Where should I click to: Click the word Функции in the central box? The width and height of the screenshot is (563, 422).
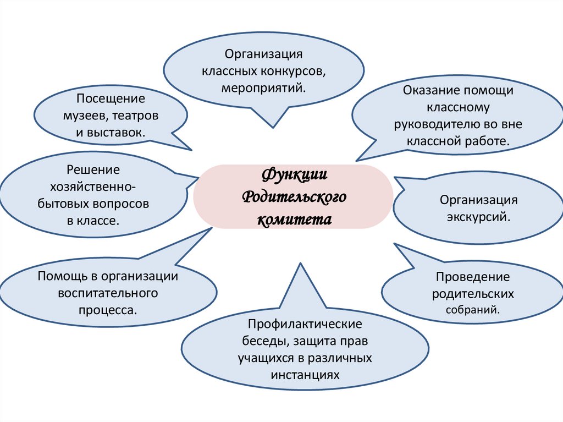point(294,176)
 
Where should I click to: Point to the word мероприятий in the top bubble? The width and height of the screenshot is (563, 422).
point(263,88)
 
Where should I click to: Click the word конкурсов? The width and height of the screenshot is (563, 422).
point(294,72)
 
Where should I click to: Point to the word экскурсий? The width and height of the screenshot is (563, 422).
point(478,217)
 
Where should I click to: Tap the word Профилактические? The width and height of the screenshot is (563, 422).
point(305,325)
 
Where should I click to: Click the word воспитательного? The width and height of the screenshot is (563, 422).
point(108,293)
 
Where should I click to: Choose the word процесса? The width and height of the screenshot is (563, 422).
point(108,310)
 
